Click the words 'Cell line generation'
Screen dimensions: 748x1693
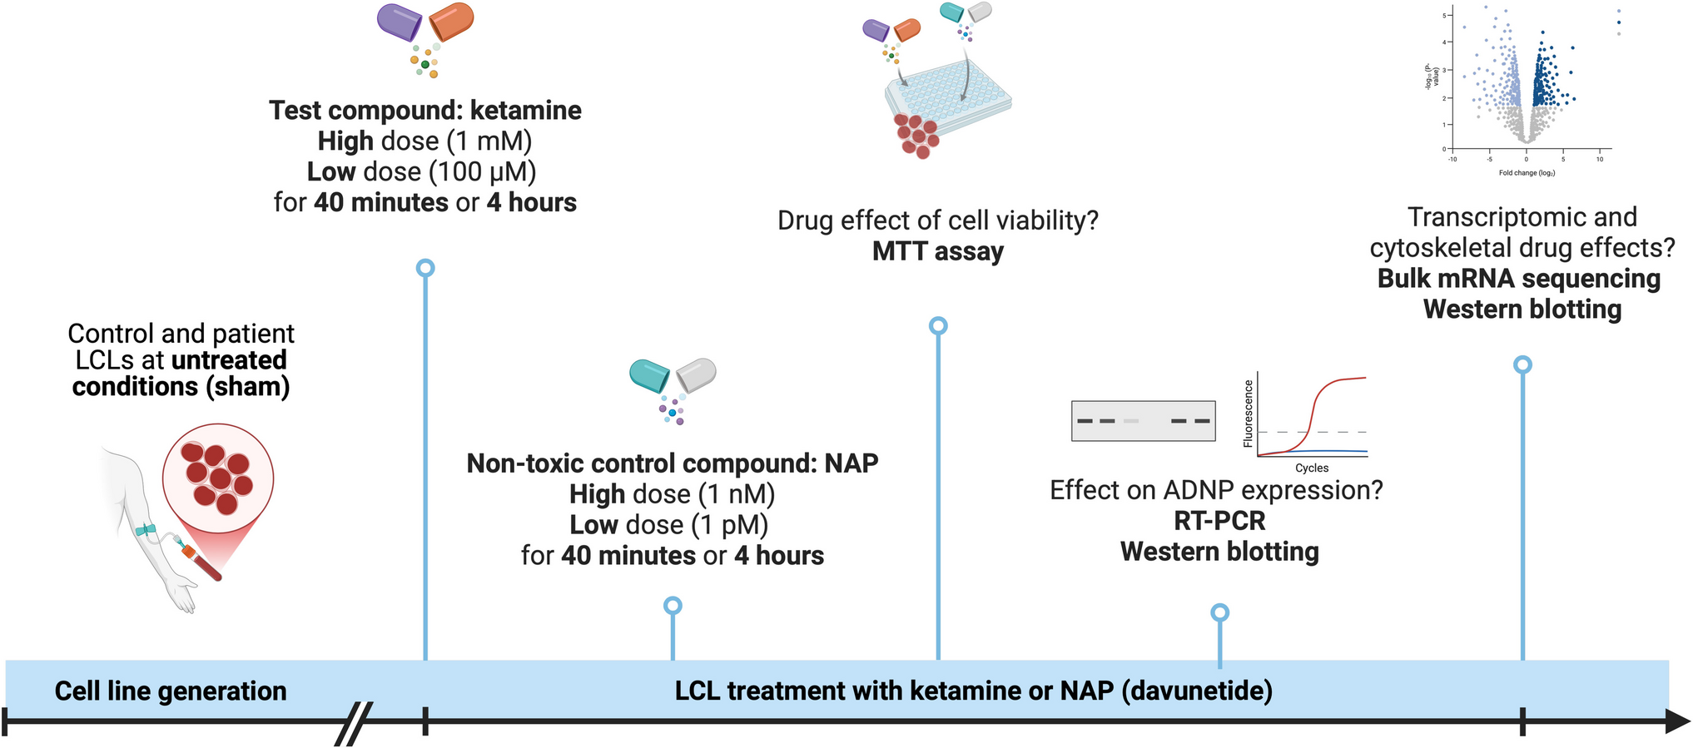171,691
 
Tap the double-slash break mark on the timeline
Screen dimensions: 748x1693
354,723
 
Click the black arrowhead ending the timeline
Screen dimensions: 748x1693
1677,721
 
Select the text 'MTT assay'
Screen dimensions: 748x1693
938,251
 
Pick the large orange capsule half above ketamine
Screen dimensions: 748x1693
452,22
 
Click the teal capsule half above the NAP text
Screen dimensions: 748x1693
650,375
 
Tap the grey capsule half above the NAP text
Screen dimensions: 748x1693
697,375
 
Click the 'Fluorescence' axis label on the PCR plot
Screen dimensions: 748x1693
1248,414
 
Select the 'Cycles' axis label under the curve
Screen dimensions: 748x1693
1312,468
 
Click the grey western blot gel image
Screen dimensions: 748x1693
1143,421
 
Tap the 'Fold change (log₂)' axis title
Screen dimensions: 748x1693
1527,173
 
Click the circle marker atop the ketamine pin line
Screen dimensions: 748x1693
425,268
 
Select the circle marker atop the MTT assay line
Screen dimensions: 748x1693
938,325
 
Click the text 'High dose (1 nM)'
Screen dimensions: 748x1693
672,494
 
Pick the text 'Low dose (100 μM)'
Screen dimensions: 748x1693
422,171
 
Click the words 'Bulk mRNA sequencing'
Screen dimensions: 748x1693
1518,279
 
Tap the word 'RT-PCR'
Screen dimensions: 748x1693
1219,521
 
